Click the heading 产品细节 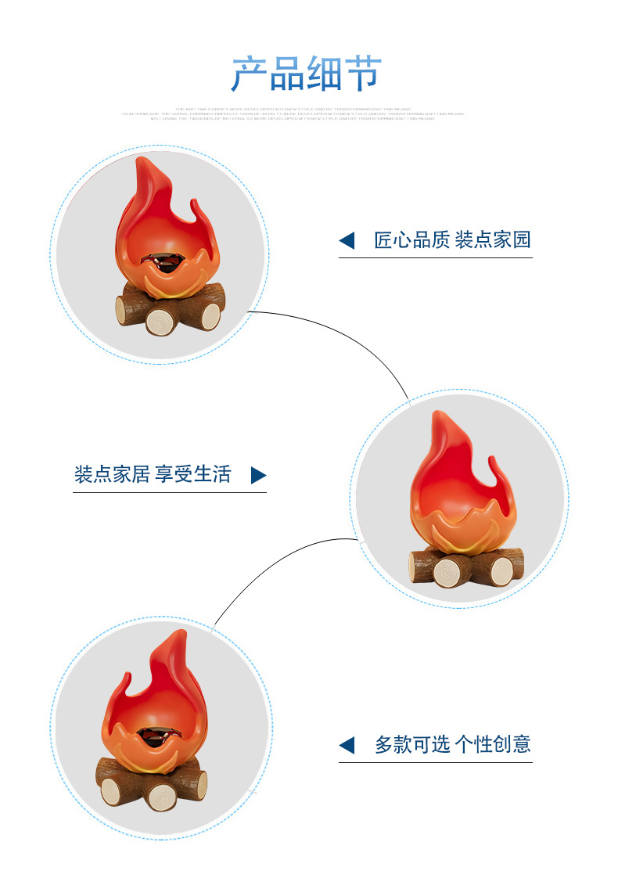coord(307,74)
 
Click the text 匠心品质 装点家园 coord(453,240)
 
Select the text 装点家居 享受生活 coord(153,474)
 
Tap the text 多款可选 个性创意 coord(453,744)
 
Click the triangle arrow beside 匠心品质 coord(347,241)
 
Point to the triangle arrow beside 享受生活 coord(259,475)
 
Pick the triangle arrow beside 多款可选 coord(347,745)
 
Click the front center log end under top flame coord(162,321)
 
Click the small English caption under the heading coord(293,113)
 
